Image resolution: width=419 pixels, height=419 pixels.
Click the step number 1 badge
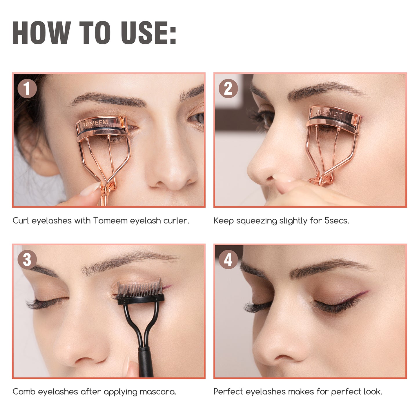click(x=27, y=88)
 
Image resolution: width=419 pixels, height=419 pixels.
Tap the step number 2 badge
click(x=228, y=88)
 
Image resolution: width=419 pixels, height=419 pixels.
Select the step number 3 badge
click(x=27, y=260)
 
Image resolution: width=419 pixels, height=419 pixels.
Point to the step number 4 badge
click(x=228, y=260)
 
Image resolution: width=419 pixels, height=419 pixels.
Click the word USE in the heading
click(x=148, y=32)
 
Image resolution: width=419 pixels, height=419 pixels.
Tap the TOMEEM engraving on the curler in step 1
click(x=95, y=124)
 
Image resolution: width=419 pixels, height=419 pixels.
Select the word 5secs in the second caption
click(x=337, y=221)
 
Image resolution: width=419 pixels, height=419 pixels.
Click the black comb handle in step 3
click(x=145, y=361)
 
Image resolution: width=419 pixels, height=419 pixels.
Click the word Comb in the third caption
click(x=24, y=392)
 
